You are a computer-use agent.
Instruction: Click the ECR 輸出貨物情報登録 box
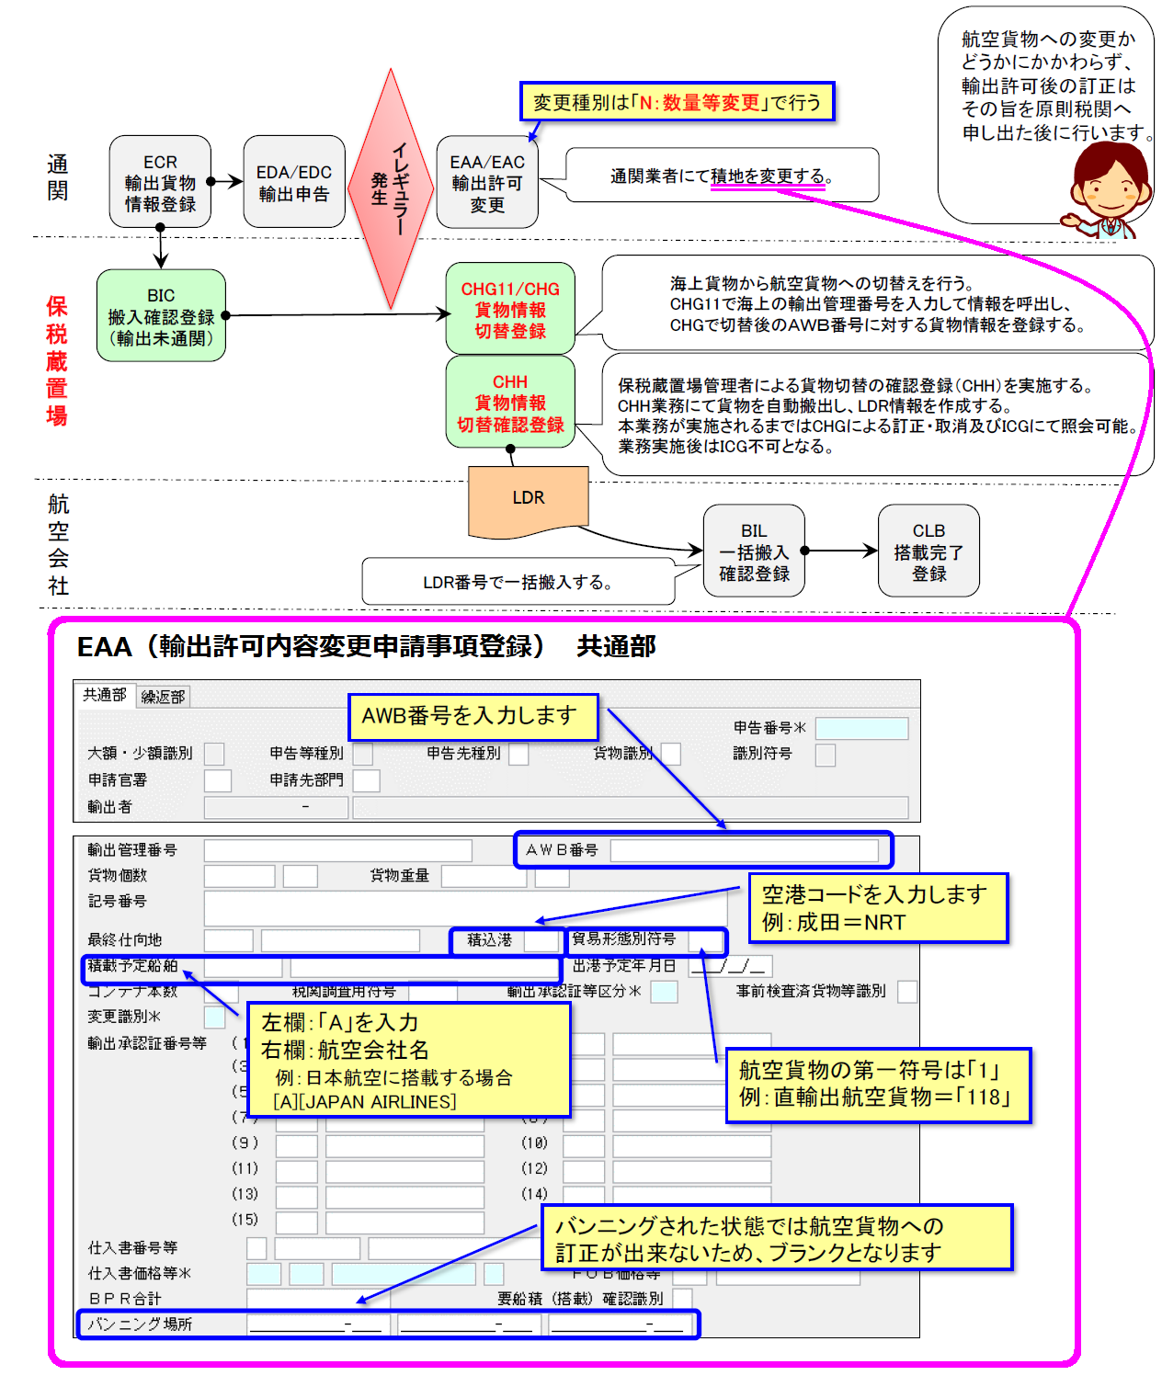(x=160, y=182)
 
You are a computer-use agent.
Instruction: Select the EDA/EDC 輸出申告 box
(x=293, y=182)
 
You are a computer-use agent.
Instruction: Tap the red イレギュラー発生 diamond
(x=391, y=188)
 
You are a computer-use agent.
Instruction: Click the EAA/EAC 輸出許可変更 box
(x=487, y=182)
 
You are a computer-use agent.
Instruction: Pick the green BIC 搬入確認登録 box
(x=161, y=315)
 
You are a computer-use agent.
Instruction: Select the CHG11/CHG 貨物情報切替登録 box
(x=510, y=309)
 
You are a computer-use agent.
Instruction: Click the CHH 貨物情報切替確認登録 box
(x=510, y=403)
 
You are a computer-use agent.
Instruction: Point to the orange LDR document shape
(x=528, y=500)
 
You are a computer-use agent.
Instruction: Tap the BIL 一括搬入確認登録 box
(x=754, y=551)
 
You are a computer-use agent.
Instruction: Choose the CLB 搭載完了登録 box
(x=928, y=551)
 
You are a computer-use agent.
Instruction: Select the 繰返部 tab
(x=164, y=697)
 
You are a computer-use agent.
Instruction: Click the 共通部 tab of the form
(x=105, y=695)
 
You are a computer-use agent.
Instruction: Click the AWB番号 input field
(x=744, y=850)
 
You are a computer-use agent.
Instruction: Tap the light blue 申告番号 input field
(x=861, y=728)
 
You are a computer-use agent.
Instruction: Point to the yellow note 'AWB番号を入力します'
(x=473, y=717)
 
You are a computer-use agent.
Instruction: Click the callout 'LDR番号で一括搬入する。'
(x=518, y=582)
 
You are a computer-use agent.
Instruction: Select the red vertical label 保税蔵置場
(x=57, y=360)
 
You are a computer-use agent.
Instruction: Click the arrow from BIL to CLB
(x=841, y=551)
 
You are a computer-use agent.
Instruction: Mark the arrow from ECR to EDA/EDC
(x=226, y=182)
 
